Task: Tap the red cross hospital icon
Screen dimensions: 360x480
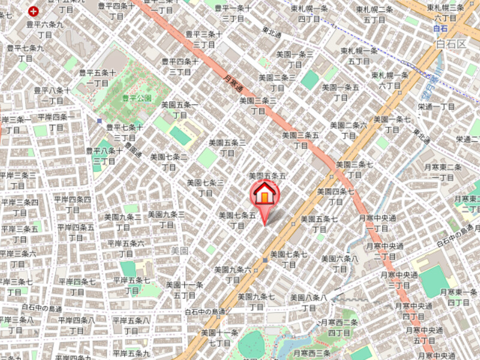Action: coord(34,11)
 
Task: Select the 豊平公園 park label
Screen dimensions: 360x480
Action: coord(136,97)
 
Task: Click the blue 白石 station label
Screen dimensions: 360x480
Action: coord(441,28)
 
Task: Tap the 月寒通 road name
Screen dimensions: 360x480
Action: coord(233,83)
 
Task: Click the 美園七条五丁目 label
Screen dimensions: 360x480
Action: coord(238,220)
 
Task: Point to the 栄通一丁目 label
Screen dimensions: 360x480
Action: coord(437,106)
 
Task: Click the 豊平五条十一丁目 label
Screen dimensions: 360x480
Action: coord(97,78)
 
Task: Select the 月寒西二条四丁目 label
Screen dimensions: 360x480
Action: coord(339,327)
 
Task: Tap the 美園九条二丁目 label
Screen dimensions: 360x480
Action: coord(123,221)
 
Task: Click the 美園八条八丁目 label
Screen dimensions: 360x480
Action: coord(308,302)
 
